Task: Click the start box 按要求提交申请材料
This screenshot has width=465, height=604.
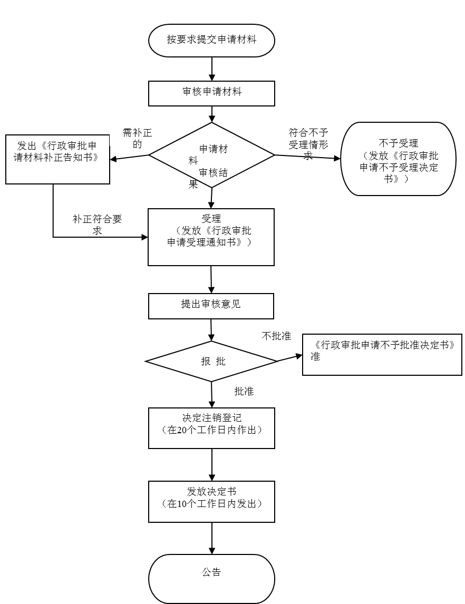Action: pyautogui.click(x=211, y=40)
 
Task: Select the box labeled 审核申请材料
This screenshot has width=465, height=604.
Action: pyautogui.click(x=211, y=93)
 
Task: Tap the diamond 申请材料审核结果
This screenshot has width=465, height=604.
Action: pyautogui.click(x=211, y=155)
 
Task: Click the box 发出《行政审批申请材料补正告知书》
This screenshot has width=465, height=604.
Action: pyautogui.click(x=57, y=159)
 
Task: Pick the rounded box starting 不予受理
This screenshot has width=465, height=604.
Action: pyautogui.click(x=398, y=159)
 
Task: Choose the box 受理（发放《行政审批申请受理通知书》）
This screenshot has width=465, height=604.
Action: pyautogui.click(x=211, y=237)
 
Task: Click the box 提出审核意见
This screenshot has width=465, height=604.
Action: pyautogui.click(x=211, y=306)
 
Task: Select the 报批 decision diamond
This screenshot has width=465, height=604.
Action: pyautogui.click(x=211, y=361)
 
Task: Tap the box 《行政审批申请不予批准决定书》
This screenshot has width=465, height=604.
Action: pyautogui.click(x=382, y=354)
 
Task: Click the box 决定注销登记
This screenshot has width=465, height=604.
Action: pyautogui.click(x=211, y=428)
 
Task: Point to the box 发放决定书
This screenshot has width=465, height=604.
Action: pyautogui.click(x=211, y=501)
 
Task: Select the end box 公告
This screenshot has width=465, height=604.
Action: pyautogui.click(x=211, y=578)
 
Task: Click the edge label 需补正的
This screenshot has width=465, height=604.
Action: pyautogui.click(x=137, y=134)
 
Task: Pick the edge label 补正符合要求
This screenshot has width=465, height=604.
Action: pyautogui.click(x=97, y=221)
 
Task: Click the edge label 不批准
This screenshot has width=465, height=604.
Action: pyautogui.click(x=276, y=338)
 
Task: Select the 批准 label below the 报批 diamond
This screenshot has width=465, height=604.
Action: pyautogui.click(x=244, y=391)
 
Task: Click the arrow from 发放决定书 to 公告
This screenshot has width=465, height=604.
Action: pyautogui.click(x=212, y=538)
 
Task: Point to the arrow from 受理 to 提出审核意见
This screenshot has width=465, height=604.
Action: pyautogui.click(x=211, y=279)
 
